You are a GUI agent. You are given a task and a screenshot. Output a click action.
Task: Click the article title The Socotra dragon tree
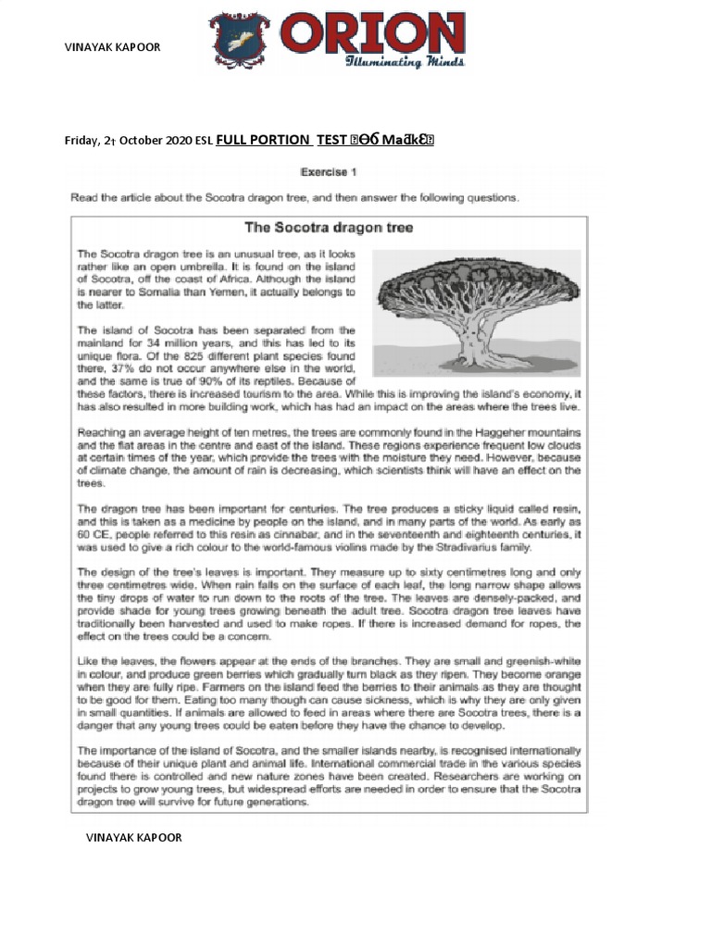[x=328, y=226]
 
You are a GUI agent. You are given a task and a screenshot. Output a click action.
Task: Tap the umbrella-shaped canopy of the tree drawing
[x=468, y=277]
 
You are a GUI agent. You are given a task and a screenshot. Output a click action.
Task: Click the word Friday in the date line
[x=80, y=141]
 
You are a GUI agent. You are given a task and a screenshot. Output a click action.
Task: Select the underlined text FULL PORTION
[x=263, y=140]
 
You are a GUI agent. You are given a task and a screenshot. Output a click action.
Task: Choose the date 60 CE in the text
[x=94, y=534]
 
